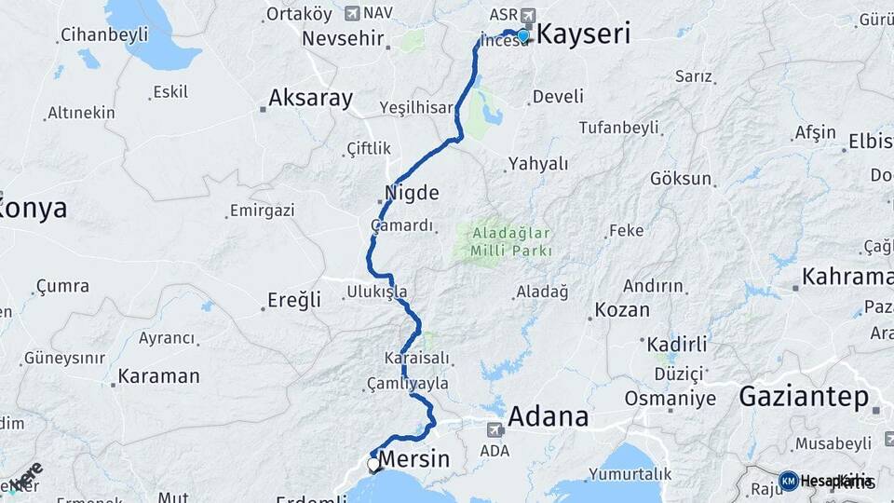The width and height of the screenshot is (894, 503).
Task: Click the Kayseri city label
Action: pyautogui.click(x=584, y=35)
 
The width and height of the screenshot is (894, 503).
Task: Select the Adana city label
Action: pyautogui.click(x=549, y=415)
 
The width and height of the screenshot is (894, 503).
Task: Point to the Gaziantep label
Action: pyautogui.click(x=803, y=397)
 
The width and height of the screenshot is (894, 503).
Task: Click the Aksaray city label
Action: pyautogui.click(x=311, y=98)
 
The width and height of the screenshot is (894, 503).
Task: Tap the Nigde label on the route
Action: pyautogui.click(x=411, y=193)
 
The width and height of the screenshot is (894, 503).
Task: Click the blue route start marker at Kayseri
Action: pyautogui.click(x=523, y=35)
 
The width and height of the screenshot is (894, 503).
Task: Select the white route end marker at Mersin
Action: pyautogui.click(x=373, y=464)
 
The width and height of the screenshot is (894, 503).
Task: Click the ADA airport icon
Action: pyautogui.click(x=494, y=430)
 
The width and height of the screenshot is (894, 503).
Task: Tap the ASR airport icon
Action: pyautogui.click(x=530, y=14)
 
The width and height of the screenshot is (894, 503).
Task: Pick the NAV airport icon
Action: pyautogui.click(x=351, y=13)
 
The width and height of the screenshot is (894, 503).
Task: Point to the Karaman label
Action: pyautogui.click(x=158, y=376)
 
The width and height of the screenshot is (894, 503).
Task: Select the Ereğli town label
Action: pyautogui.click(x=294, y=299)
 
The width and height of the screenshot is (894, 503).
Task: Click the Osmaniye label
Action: pyautogui.click(x=670, y=399)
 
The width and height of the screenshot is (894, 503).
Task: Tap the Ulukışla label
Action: pyautogui.click(x=376, y=292)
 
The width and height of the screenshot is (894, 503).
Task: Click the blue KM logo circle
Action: pyautogui.click(x=788, y=481)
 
